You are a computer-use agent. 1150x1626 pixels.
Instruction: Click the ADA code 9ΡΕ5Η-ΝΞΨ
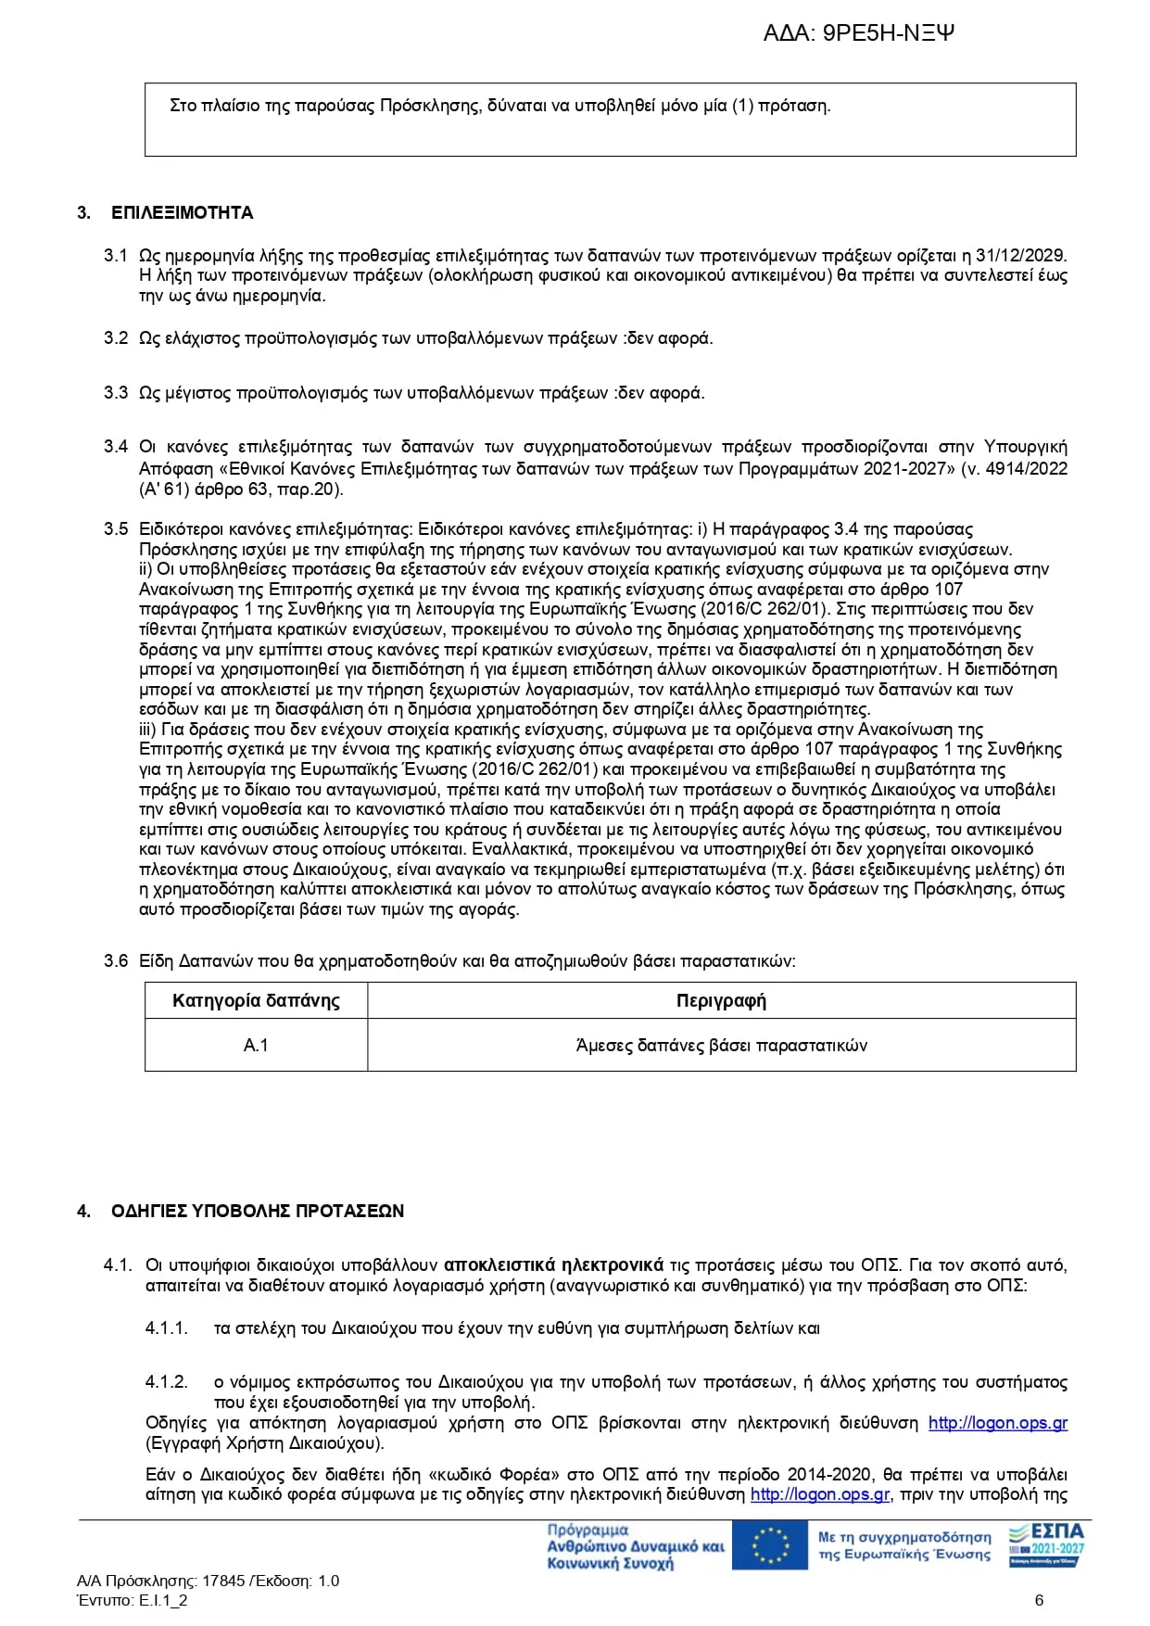pyautogui.click(x=888, y=34)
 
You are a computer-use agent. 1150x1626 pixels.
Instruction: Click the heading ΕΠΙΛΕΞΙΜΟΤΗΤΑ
pyautogui.click(x=182, y=213)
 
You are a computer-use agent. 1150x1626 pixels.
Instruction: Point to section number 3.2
pyautogui.click(x=116, y=338)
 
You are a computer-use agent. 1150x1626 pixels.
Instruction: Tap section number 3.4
pyautogui.click(x=116, y=447)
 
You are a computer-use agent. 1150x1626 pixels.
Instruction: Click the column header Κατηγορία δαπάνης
pyautogui.click(x=256, y=1001)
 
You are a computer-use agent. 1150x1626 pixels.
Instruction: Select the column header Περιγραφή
pyautogui.click(x=721, y=1001)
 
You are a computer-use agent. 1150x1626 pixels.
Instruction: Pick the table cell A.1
pyautogui.click(x=256, y=1046)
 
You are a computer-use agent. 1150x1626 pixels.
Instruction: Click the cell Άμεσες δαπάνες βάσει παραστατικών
pyautogui.click(x=721, y=1046)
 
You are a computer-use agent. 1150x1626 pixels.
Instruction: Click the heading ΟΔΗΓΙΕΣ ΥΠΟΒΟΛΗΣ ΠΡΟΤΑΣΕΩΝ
pyautogui.click(x=258, y=1212)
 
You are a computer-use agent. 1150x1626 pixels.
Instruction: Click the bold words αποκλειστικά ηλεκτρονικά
pyautogui.click(x=553, y=1265)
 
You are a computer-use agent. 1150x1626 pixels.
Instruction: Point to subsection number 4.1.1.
pyautogui.click(x=167, y=1328)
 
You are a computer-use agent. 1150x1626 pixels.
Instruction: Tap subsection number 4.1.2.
pyautogui.click(x=167, y=1382)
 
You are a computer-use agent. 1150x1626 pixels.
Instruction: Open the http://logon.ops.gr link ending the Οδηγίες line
pyautogui.click(x=997, y=1423)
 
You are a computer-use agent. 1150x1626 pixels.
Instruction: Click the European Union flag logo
pyautogui.click(x=769, y=1545)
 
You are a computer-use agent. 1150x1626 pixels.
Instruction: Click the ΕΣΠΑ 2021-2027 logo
pyautogui.click(x=1046, y=1543)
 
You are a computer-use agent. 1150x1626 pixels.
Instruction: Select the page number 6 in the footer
pyautogui.click(x=1039, y=1600)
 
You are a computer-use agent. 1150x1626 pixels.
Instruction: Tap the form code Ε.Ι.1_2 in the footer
pyautogui.click(x=163, y=1600)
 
